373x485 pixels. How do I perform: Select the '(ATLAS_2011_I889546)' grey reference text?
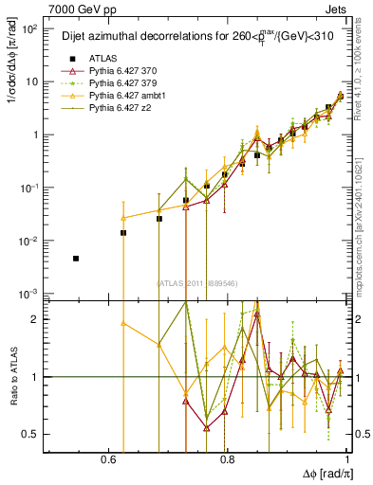pos(198,283)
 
